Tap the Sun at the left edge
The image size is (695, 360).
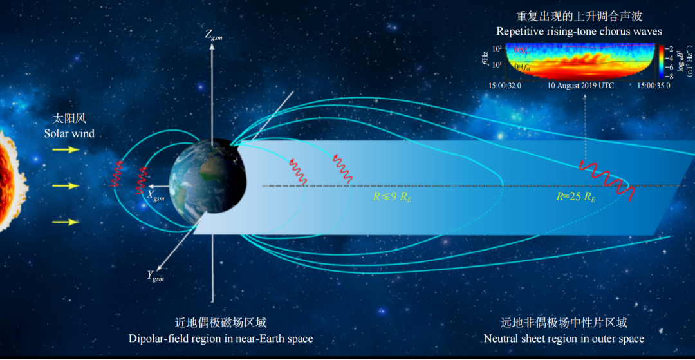8,180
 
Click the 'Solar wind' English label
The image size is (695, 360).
69,133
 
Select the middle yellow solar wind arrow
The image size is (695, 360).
65,186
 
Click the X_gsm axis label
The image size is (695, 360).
156,194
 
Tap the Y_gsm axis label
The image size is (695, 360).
156,276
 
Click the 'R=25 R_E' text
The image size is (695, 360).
574,196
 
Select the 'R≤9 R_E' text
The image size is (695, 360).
393,196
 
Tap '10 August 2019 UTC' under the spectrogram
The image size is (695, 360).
581,85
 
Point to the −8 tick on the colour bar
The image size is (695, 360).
669,76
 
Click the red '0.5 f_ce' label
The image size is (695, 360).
521,50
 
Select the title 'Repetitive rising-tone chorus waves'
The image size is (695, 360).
579,31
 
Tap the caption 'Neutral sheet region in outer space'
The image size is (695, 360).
564,338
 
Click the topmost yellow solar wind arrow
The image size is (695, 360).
65,150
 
